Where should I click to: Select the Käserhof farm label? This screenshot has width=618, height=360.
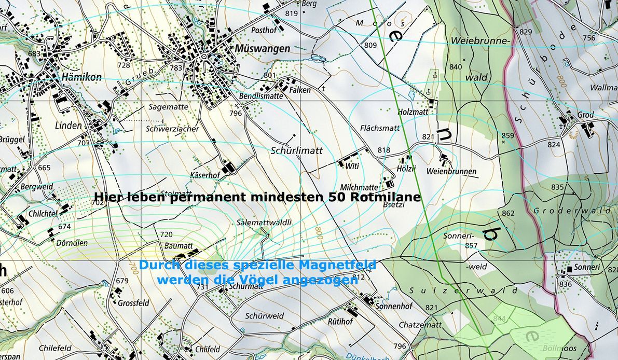205,175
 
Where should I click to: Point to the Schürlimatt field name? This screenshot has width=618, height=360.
297,150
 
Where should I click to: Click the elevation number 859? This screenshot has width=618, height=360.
507,136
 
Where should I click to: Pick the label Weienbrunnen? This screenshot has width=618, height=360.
451,171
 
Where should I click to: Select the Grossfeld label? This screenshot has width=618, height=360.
133,302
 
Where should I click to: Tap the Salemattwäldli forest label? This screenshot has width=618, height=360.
264,222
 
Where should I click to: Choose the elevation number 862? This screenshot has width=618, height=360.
508,213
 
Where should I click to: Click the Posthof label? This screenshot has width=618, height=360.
264,31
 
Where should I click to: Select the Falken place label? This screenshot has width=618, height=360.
300,90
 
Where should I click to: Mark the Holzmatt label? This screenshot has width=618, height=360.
413,111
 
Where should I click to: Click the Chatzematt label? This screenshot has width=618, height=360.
420,325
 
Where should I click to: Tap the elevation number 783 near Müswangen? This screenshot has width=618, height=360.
176,67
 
